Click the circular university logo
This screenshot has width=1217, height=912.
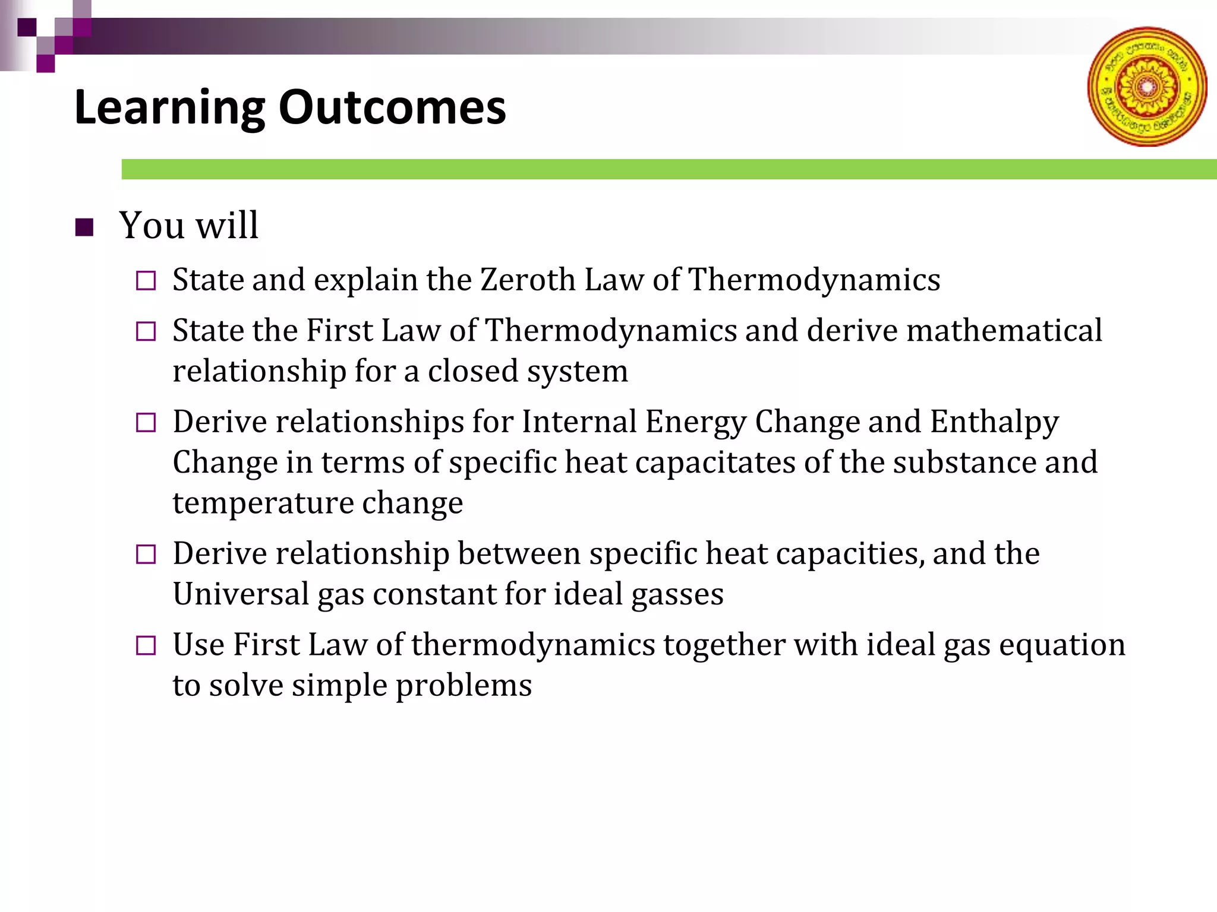(1147, 87)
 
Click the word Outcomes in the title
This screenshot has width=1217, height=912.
(392, 107)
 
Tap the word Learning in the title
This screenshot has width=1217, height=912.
(169, 107)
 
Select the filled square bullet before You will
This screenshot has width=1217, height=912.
(85, 227)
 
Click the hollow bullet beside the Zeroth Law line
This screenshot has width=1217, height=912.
(146, 281)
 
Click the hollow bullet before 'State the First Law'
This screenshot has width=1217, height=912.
(146, 331)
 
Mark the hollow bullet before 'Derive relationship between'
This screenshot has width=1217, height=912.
(146, 555)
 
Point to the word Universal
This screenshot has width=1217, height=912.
(241, 594)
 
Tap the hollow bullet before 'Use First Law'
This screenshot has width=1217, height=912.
(146, 645)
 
